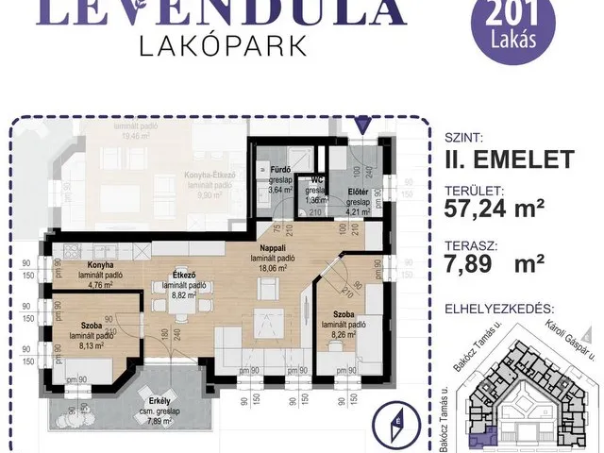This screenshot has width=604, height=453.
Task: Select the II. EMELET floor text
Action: point(509,159)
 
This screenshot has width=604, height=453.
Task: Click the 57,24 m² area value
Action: point(495,210)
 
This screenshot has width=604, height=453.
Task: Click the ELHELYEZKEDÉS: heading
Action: point(505,308)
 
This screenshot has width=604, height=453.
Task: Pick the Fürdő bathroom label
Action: point(265,171)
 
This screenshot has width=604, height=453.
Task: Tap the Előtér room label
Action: point(358,192)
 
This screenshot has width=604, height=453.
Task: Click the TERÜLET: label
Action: point(478,190)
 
